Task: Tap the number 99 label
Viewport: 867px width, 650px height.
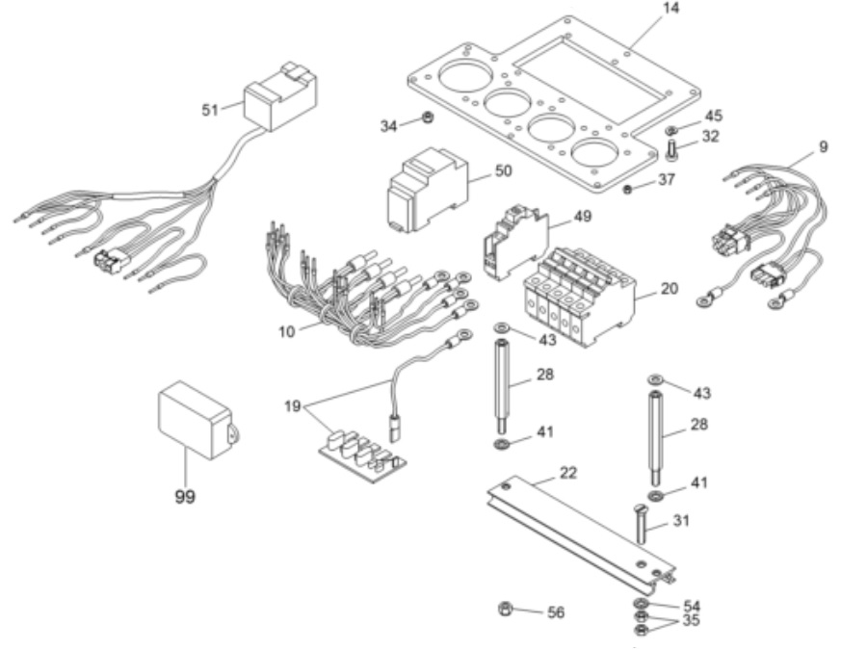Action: coord(183,497)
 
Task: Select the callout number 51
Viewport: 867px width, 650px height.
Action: coord(210,110)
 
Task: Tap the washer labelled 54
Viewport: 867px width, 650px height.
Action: coord(642,605)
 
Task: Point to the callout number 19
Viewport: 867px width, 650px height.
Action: coord(295,406)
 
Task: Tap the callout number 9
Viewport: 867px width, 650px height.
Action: coord(824,147)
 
